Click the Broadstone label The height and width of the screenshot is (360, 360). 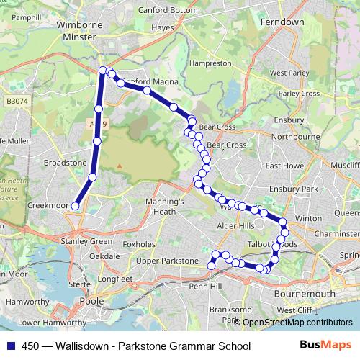(65, 163)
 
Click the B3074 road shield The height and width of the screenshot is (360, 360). (12, 102)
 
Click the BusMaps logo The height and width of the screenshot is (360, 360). (320, 346)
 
